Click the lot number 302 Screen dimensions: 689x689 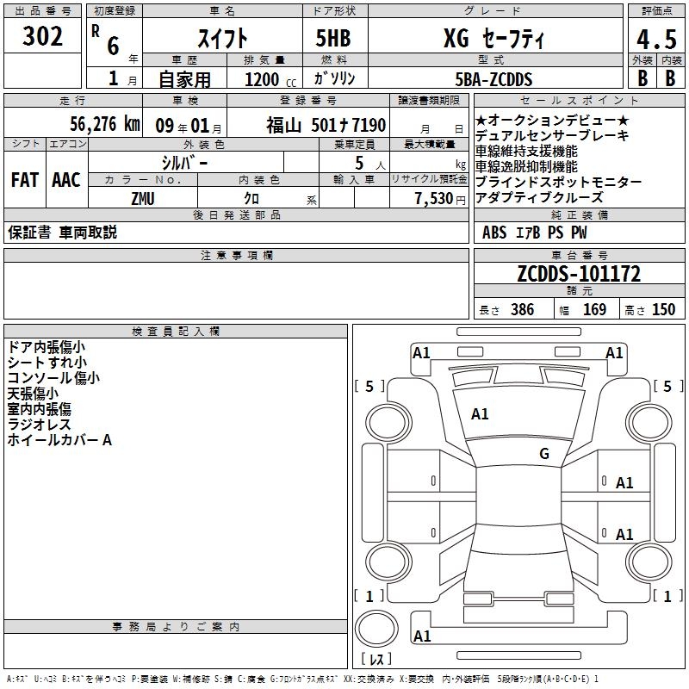click(x=43, y=37)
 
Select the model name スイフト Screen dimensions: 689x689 click(x=223, y=39)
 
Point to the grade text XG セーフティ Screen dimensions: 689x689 click(x=493, y=39)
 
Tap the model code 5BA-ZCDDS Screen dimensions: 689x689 click(x=493, y=79)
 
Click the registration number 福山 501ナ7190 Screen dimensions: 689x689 click(x=326, y=125)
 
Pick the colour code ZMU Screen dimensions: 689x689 click(x=144, y=197)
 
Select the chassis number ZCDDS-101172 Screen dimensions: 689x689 click(x=579, y=275)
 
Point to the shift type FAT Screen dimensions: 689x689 click(x=25, y=180)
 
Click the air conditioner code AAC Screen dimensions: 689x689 click(x=66, y=180)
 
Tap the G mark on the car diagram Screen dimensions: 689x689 click(x=544, y=454)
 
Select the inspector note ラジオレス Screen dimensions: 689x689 click(x=39, y=425)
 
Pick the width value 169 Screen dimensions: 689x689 click(x=594, y=309)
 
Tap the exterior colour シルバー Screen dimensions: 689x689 click(x=184, y=162)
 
